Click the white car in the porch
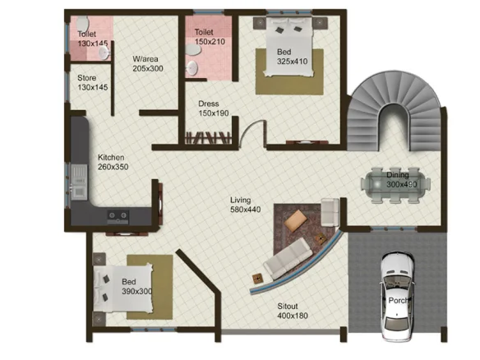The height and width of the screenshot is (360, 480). click(x=397, y=297)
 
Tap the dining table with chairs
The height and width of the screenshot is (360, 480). click(x=395, y=185)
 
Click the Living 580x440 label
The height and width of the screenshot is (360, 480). click(x=245, y=205)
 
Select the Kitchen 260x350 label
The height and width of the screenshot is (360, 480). click(x=113, y=162)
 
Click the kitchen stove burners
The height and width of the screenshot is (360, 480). click(x=118, y=216)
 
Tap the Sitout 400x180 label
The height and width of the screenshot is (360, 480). click(x=293, y=311)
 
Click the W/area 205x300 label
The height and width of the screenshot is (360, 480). click(x=148, y=63)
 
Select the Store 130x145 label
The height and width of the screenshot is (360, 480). click(x=92, y=82)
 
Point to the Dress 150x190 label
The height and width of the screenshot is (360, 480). click(x=214, y=108)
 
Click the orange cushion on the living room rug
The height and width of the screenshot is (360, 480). click(x=296, y=221)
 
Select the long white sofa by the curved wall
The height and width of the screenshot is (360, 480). click(x=288, y=259)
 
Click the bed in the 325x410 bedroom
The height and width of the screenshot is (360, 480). click(x=289, y=46)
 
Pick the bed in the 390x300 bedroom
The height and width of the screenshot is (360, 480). click(x=122, y=288)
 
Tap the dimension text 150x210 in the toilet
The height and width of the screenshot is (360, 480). click(x=210, y=41)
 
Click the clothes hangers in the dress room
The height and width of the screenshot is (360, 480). click(x=208, y=138)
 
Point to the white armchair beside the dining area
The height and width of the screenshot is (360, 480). click(x=330, y=212)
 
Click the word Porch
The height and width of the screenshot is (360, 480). click(x=398, y=300)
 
